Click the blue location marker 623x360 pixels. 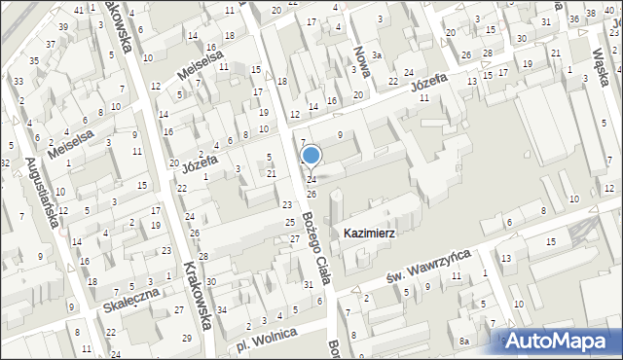pyautogui.click(x=311, y=155)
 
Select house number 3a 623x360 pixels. pyautogui.click(x=376, y=55)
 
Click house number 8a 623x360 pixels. pyautogui.click(x=465, y=341)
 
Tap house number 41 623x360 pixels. pyautogui.click(x=78, y=10)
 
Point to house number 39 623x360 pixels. pyautogui.click(x=62, y=26)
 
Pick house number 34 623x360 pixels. pyautogui.click(x=221, y=310)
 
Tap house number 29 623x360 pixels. pyautogui.click(x=187, y=338)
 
